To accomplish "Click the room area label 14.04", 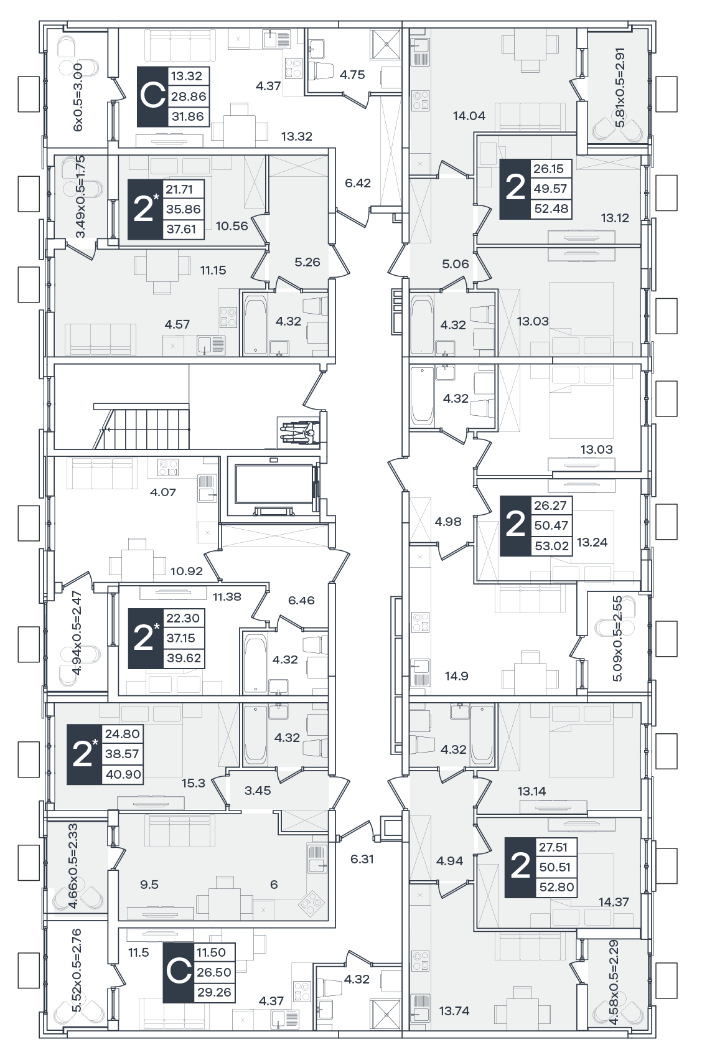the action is coord(469,116).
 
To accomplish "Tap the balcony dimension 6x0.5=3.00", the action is coord(78,97).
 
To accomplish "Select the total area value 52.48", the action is coord(551,209).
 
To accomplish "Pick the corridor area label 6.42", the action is coord(358,183).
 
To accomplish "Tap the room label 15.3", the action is coord(193,783).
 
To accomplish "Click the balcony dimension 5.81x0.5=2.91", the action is coord(620,87).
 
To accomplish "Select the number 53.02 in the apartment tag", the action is coord(551,546).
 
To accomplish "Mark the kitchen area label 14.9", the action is coord(456,676).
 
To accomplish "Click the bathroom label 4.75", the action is coord(352,75).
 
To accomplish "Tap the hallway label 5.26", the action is coord(307,262).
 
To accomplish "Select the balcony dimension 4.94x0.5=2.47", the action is coord(77,633).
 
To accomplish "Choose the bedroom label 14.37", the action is coord(614,901).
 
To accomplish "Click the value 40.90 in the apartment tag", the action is coord(123,774).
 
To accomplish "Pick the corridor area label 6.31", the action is coord(362,859).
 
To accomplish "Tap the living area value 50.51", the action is coord(555,867).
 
